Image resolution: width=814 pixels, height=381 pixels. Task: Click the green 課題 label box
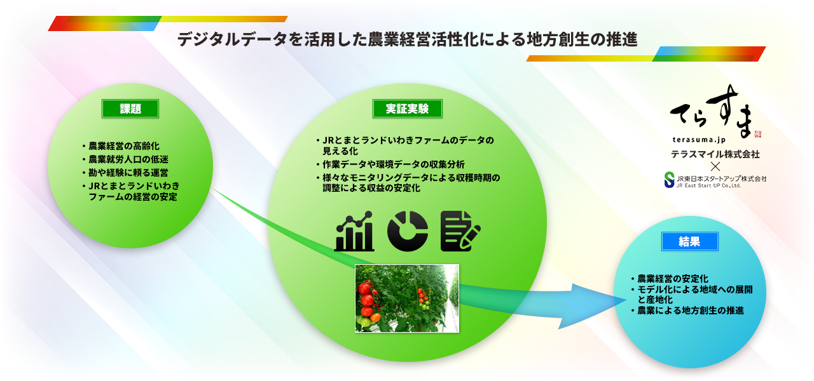130,109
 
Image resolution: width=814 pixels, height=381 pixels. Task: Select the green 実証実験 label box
408,109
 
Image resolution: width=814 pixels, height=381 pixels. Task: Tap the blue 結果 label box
690,241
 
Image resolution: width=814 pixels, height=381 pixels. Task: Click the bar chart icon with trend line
354,231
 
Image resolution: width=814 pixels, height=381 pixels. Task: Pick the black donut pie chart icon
408,231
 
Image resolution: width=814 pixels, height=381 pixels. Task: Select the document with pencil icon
460,231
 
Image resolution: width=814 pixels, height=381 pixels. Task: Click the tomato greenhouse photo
407,298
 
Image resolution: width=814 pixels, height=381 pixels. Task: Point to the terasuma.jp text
699,140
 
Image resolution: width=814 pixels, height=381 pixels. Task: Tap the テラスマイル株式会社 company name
715,154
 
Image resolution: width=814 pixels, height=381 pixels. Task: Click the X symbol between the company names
715,166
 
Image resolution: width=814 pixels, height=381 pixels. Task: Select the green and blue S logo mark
669,180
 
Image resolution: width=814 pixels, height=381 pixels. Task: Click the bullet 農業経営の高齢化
121,146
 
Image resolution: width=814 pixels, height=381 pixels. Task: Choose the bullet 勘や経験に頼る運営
125,172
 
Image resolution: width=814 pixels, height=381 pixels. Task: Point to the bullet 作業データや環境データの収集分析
390,164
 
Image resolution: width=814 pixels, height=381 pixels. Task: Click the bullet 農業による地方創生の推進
687,311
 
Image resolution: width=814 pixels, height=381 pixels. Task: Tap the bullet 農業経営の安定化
670,279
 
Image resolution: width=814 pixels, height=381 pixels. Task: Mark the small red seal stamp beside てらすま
757,134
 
